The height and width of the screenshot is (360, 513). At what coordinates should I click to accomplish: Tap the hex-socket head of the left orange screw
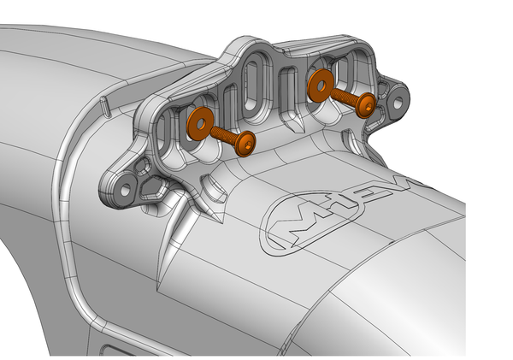(x=247, y=145)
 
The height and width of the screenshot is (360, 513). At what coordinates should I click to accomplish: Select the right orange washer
(x=321, y=86)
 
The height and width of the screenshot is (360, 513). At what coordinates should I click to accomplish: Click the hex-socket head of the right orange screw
(x=367, y=105)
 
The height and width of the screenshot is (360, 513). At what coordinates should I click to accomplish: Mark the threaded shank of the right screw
(x=345, y=96)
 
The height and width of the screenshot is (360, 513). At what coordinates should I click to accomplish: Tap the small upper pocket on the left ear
(x=142, y=162)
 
